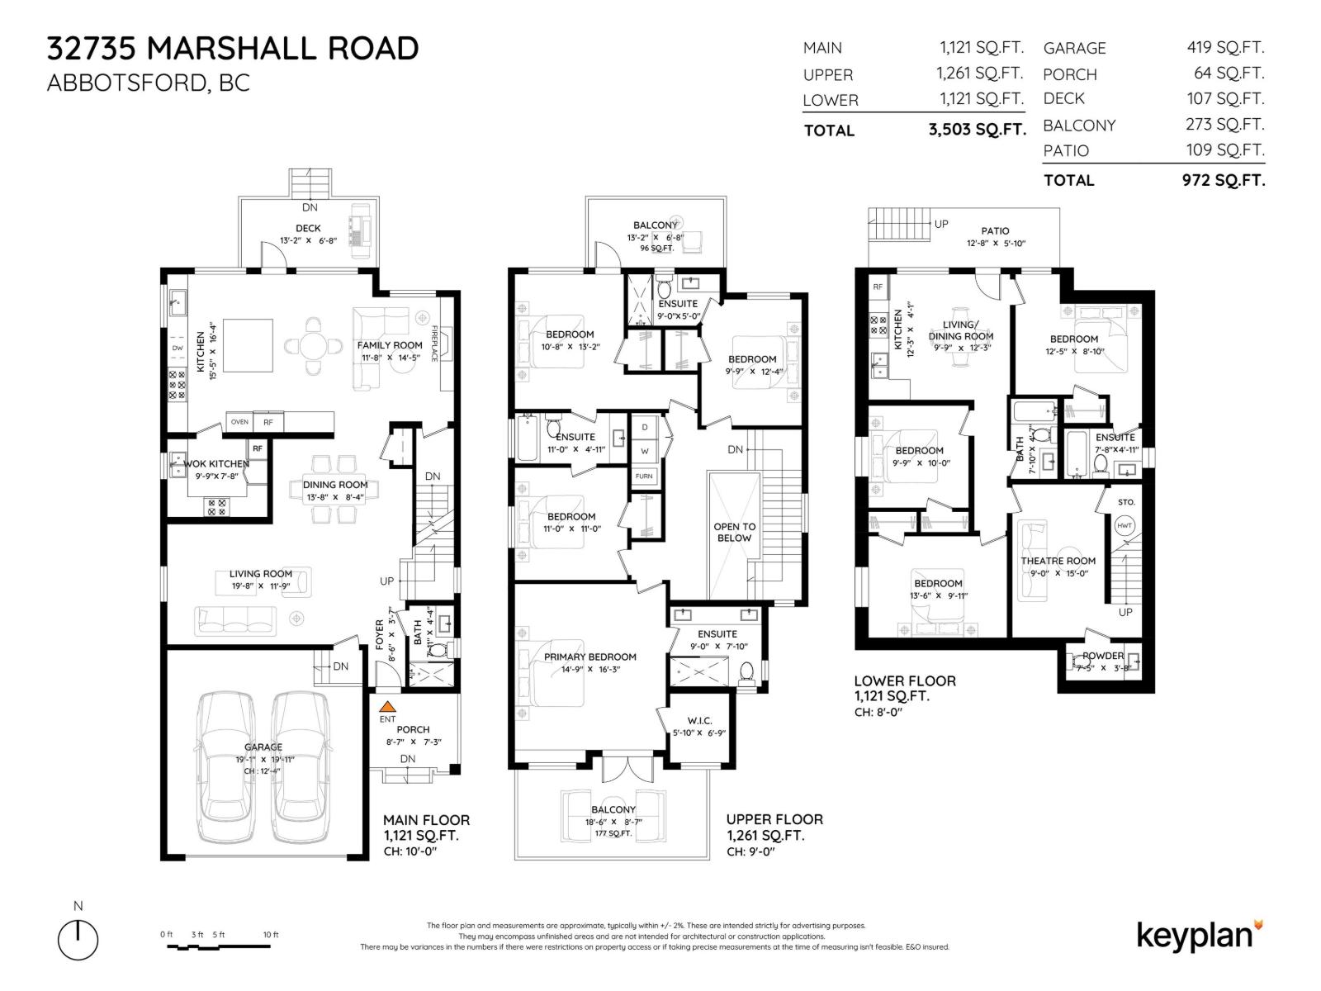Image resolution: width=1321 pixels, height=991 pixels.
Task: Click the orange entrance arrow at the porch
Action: (x=387, y=707)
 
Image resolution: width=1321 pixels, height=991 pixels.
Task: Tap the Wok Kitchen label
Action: (x=216, y=464)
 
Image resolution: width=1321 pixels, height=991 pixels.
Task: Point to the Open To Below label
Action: (x=734, y=532)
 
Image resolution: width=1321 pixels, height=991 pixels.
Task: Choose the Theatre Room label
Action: (x=1058, y=561)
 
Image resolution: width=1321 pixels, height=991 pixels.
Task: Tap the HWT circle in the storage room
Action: (x=1125, y=525)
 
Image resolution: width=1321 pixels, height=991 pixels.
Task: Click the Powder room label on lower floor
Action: (x=1103, y=656)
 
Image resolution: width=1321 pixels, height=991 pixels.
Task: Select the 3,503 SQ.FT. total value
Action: (x=977, y=130)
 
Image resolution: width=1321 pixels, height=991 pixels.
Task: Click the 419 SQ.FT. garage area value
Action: (x=1225, y=48)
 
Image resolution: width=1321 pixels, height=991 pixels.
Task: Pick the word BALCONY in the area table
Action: (x=1079, y=126)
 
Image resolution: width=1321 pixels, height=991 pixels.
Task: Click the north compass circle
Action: (x=78, y=941)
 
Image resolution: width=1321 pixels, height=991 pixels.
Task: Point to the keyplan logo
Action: (x=1199, y=936)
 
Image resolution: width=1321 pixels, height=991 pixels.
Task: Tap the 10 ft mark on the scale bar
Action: (x=270, y=935)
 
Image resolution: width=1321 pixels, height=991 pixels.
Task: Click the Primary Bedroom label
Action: (x=589, y=657)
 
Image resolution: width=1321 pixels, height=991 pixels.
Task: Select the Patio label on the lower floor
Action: (x=995, y=231)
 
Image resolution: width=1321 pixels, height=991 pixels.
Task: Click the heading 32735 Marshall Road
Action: (x=233, y=49)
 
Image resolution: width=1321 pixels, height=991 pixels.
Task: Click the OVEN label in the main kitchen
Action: (x=239, y=422)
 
